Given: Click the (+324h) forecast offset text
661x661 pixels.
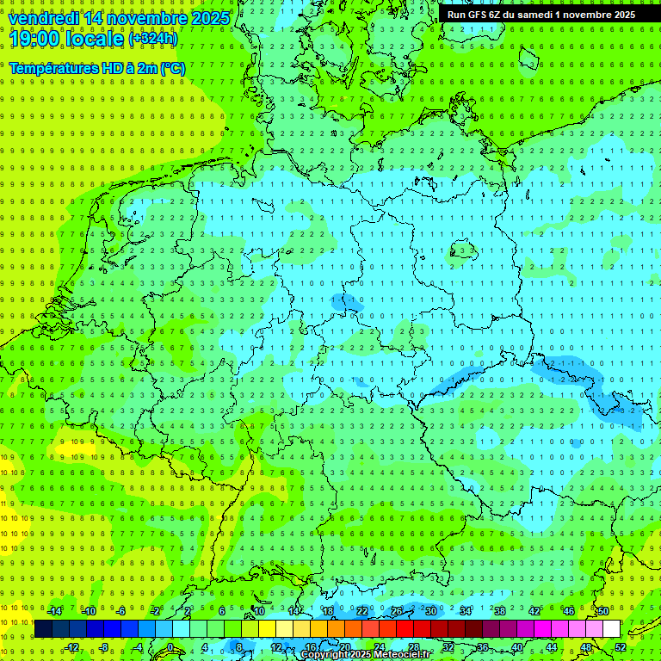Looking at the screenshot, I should pyautogui.click(x=153, y=39).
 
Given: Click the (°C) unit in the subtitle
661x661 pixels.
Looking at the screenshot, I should pyautogui.click(x=172, y=68).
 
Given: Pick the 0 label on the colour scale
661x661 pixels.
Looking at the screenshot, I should pyautogui.click(x=170, y=646).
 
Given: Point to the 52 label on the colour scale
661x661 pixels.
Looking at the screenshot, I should pyautogui.click(x=620, y=646).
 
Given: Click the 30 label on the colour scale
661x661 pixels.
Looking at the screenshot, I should pyautogui.click(x=430, y=611).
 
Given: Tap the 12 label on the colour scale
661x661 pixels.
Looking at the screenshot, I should pyautogui.click(x=276, y=646).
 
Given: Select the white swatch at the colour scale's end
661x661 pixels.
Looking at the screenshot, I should pyautogui.click(x=611, y=628).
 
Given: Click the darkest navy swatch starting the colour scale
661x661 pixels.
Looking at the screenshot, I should pyautogui.click(x=44, y=628).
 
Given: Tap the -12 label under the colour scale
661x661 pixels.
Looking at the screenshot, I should pyautogui.click(x=72, y=646).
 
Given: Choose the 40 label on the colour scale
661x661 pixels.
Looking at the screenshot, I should pyautogui.click(x=516, y=646).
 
